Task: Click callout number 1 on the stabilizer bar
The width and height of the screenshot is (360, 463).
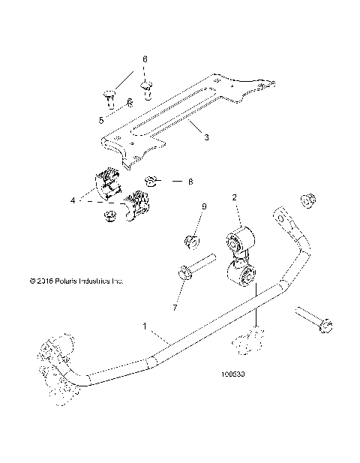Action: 145,327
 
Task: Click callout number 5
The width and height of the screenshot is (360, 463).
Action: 102,119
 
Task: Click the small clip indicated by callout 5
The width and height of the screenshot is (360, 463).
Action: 130,104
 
